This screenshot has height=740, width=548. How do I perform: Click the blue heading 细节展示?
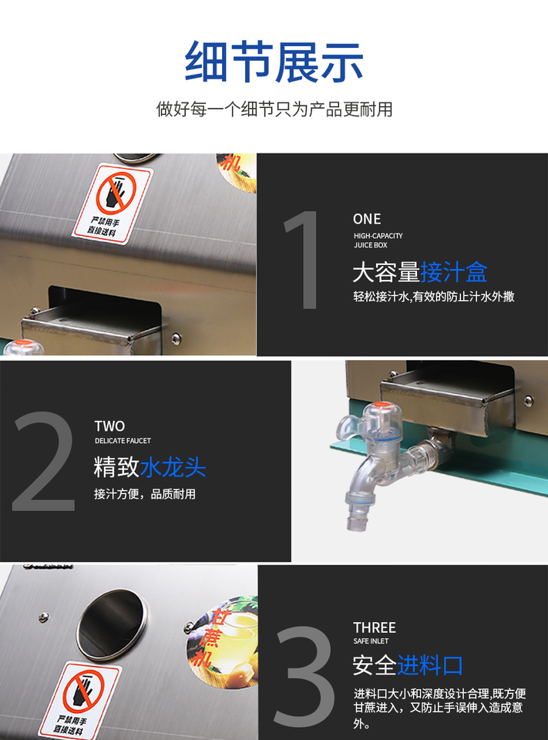[x=274, y=62]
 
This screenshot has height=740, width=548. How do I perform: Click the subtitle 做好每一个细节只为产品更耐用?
[x=274, y=109]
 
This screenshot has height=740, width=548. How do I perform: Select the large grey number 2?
[x=44, y=461]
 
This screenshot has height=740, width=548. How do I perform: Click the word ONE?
[x=367, y=219]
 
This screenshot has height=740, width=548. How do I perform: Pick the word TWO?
[x=109, y=426]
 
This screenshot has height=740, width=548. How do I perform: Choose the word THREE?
[x=375, y=627]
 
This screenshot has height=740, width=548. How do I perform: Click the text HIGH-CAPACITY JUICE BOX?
[x=378, y=240]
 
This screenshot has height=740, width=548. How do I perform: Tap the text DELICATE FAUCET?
[x=123, y=441]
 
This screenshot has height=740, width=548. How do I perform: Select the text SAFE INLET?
[x=371, y=641]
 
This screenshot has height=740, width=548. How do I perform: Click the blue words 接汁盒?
[x=454, y=272]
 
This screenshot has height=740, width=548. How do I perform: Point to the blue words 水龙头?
[x=173, y=467]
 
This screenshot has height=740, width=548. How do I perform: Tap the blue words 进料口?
[x=429, y=665]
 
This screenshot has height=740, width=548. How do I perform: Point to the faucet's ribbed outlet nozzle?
[x=357, y=513]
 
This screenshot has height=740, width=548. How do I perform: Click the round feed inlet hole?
[x=112, y=624]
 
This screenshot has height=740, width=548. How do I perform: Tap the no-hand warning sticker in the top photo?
[x=113, y=203]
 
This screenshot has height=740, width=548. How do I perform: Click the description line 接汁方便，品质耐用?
[x=144, y=494]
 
